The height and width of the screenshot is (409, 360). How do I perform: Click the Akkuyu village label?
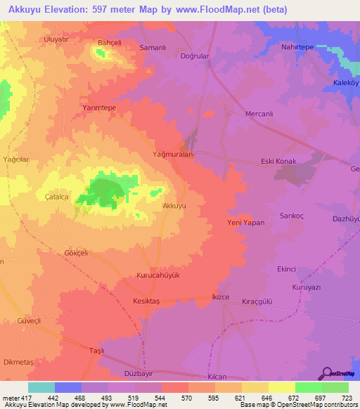[x=174, y=206]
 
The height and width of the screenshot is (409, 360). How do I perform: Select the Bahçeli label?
[x=110, y=43]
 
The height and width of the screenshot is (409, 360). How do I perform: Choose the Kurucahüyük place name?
[x=158, y=275]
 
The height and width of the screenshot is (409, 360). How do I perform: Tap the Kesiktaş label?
[x=147, y=301]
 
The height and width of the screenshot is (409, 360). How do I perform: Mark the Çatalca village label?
[x=57, y=197]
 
